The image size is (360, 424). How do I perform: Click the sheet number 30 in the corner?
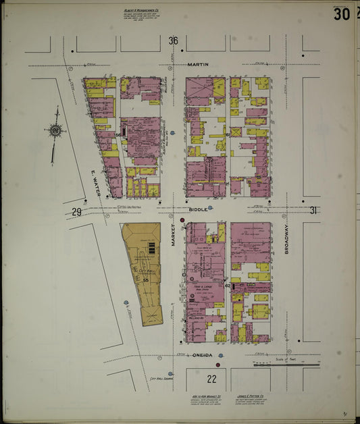(x=341, y=14)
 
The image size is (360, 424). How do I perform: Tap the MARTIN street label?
(x=199, y=65)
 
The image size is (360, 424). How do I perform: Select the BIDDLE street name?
(x=198, y=210)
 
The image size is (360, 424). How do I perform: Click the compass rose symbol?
(x=54, y=131)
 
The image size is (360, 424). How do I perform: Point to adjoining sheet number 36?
(x=173, y=41)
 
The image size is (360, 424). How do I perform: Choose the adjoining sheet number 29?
(x=77, y=213)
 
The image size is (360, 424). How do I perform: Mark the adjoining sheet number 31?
(x=312, y=210)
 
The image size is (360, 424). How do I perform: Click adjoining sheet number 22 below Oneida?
(x=212, y=379)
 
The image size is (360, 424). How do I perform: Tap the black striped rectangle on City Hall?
(x=151, y=248)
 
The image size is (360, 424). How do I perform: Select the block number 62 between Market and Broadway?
(x=228, y=286)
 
